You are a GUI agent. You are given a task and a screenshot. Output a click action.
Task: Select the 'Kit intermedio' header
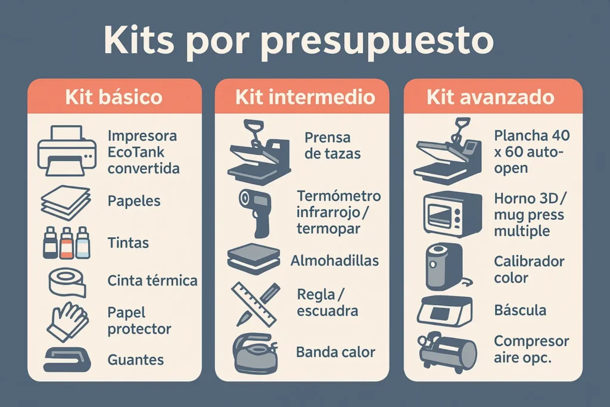point(305,97)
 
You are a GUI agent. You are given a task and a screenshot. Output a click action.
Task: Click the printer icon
point(67,151)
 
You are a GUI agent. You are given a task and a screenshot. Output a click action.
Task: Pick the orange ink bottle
point(67,243)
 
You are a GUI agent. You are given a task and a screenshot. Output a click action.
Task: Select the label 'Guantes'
point(136,360)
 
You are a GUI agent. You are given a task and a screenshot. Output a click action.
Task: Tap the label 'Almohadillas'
point(335,260)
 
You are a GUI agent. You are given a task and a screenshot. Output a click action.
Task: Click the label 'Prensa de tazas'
point(332,145)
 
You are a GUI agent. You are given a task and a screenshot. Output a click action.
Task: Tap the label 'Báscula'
point(520,310)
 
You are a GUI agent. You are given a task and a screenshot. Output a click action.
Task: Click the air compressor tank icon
point(450,352)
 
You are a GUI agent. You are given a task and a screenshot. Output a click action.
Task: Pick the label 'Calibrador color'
point(529,269)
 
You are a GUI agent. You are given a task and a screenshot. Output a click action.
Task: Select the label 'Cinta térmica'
point(152,280)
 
